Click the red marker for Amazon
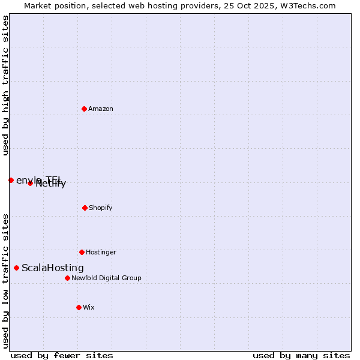tap(84, 109)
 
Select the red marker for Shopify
tap(85, 208)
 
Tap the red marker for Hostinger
tap(82, 252)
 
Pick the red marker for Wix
tap(79, 307)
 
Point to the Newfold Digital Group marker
tap(67, 278)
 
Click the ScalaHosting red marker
tap(16, 268)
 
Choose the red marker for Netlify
tap(30, 183)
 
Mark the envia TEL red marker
tap(11, 180)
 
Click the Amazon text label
tap(101, 109)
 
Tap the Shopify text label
tap(101, 208)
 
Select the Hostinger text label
tap(101, 252)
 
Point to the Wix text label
tap(89, 307)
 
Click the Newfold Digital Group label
tap(106, 278)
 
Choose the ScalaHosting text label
tap(53, 268)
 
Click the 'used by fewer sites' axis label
tap(62, 355)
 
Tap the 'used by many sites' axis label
tap(301, 355)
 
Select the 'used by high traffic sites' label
tap(5, 85)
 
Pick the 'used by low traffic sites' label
tap(5, 281)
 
